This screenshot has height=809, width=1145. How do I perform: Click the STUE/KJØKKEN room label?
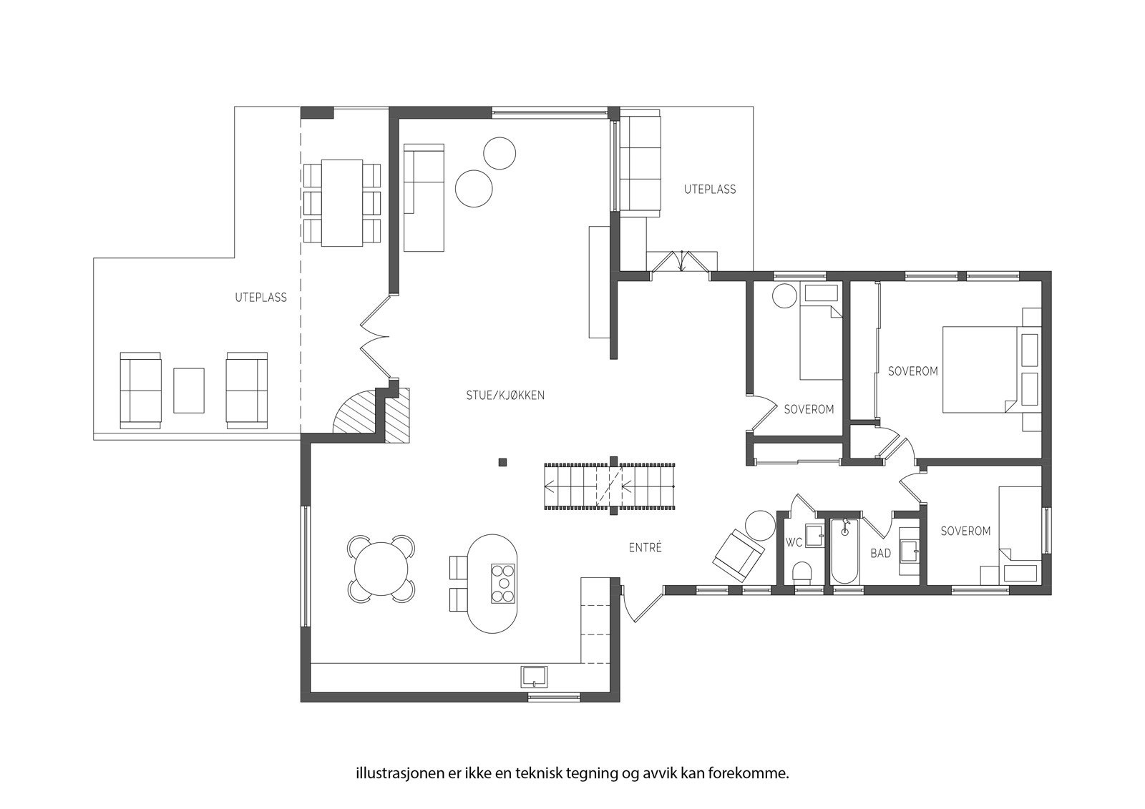(505, 396)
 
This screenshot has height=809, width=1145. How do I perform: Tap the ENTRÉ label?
(645, 548)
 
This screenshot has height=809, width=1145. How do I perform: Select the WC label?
(794, 543)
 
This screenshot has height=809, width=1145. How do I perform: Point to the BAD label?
(880, 553)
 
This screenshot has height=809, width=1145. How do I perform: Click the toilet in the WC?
(801, 573)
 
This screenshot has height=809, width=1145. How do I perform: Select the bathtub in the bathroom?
(844, 551)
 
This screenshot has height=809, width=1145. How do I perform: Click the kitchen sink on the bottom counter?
(534, 677)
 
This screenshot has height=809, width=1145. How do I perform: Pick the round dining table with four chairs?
(381, 568)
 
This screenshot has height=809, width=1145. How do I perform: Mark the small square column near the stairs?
(502, 463)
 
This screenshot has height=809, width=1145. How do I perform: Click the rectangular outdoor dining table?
(342, 203)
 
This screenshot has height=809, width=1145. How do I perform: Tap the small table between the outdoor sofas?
(189, 391)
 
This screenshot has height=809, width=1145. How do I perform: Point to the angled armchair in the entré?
(738, 555)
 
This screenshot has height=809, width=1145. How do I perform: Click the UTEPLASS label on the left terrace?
(260, 298)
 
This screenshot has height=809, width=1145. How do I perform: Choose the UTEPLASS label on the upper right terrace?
(710, 190)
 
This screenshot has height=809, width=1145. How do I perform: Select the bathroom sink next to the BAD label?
(909, 551)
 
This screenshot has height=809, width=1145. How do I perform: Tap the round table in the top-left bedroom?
(784, 296)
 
